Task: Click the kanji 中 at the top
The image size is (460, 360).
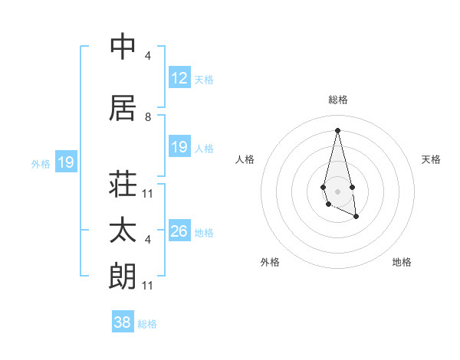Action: (123, 47)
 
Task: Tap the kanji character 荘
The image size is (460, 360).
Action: (123, 184)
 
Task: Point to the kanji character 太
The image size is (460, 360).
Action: (123, 231)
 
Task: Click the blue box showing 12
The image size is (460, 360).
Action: (179, 78)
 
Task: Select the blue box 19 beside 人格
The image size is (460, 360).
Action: (179, 147)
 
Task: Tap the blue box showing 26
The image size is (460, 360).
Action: (179, 231)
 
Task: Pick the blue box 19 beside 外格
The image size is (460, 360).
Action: (66, 162)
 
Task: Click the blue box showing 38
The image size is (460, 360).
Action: (123, 323)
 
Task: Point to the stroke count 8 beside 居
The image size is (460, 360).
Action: (148, 117)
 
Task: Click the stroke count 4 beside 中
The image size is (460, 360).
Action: (148, 56)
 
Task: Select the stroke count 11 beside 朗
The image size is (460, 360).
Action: (148, 286)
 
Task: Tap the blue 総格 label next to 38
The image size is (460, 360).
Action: (147, 324)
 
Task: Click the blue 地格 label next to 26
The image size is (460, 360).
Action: (204, 232)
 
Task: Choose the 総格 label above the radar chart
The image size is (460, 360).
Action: (338, 100)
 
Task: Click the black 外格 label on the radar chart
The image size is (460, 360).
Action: (270, 262)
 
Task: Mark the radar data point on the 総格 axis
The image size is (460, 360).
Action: (338, 130)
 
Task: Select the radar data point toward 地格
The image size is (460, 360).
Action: (356, 217)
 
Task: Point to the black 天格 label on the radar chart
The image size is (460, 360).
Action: (432, 159)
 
